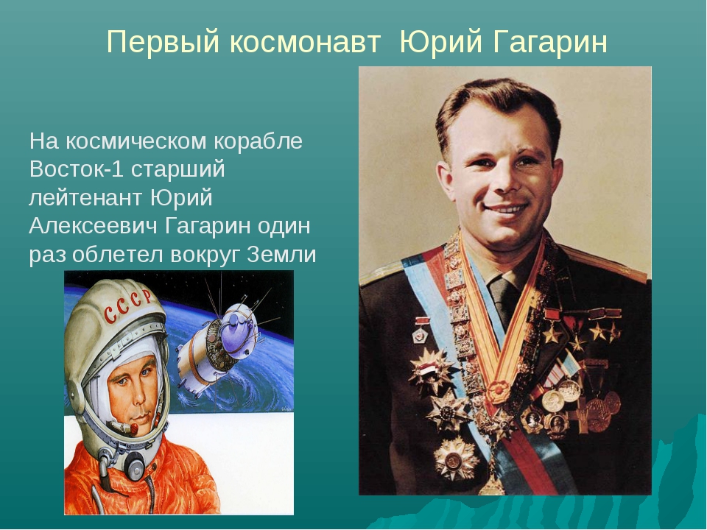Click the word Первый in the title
point(163,43)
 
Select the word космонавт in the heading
point(305,43)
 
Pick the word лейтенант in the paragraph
point(85,198)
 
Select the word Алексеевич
point(94,226)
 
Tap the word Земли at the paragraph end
point(281,255)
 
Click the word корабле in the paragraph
point(258,141)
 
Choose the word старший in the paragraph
point(178,170)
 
